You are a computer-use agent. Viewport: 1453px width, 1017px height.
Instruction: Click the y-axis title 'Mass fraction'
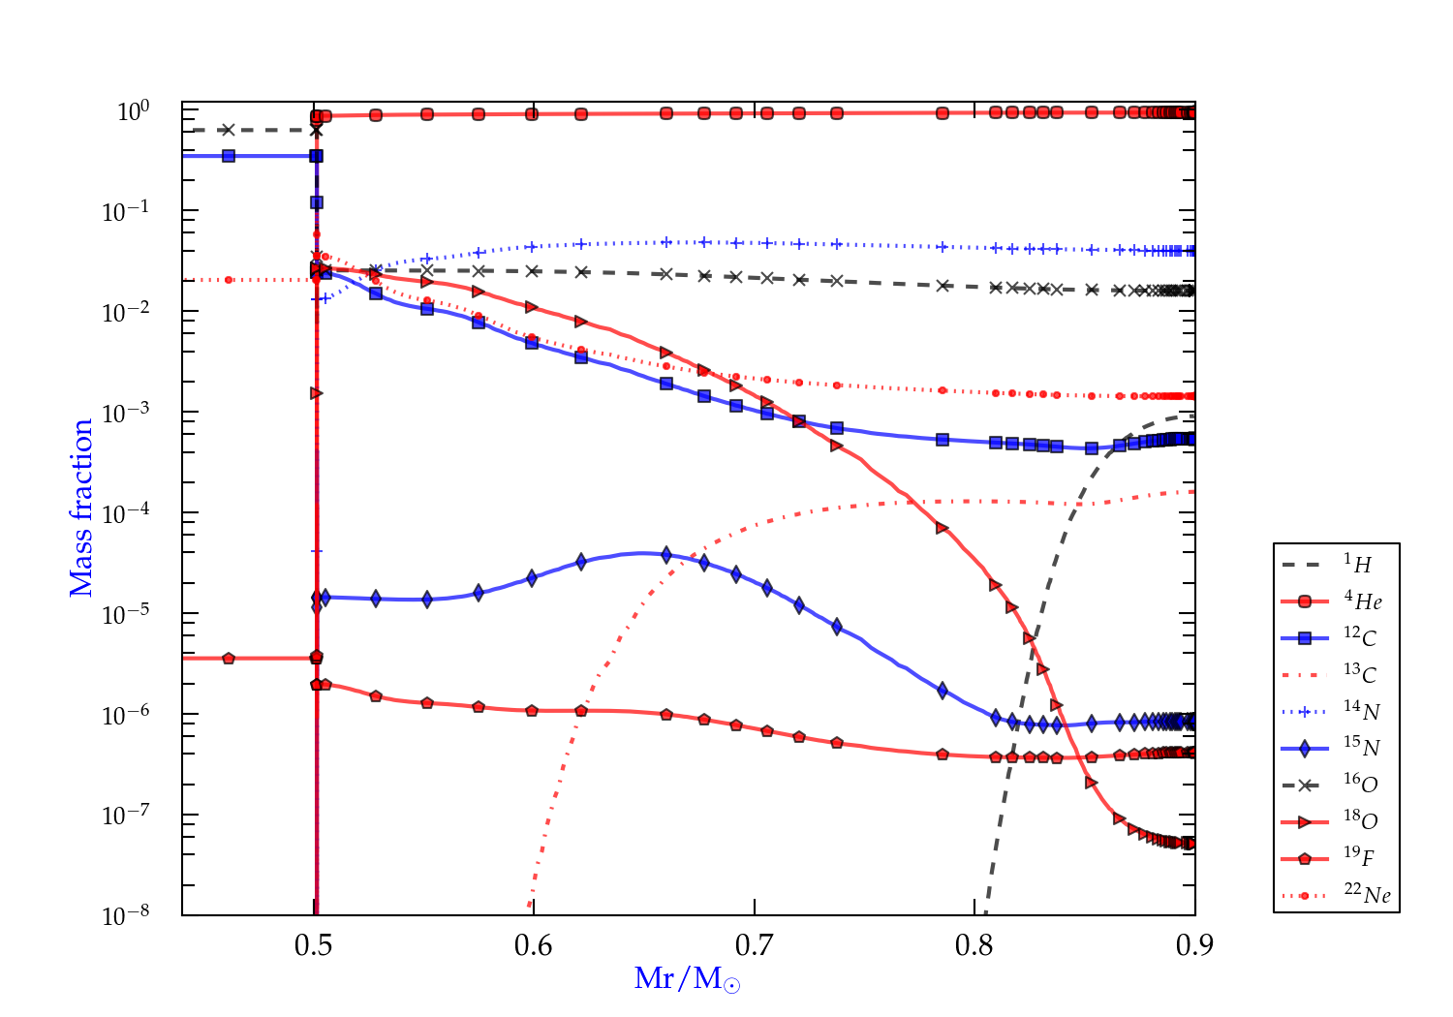81,508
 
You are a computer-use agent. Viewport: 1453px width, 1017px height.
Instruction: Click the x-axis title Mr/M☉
687,979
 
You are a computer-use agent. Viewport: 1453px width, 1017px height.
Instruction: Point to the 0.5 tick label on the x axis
314,944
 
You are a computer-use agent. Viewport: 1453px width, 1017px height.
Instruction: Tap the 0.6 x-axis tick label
534,944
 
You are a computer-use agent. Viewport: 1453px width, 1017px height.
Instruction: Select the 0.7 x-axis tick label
755,944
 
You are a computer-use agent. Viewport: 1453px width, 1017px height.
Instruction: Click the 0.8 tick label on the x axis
974,944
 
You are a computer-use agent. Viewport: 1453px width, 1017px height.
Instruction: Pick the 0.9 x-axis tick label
1194,944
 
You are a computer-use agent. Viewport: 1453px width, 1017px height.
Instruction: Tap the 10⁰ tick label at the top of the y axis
133,111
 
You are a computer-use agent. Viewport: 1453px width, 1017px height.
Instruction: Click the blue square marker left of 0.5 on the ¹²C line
229,156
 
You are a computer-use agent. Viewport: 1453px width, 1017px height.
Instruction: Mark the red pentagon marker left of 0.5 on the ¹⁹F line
229,659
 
